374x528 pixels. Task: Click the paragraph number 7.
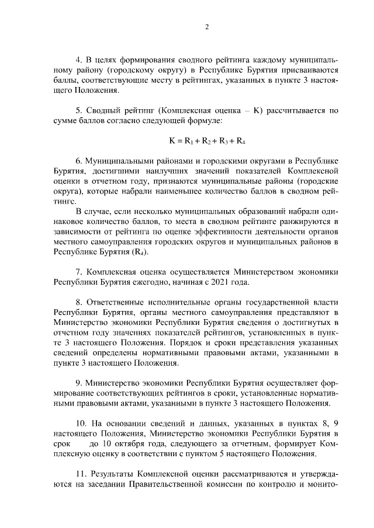point(79,272)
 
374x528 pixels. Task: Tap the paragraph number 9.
point(79,383)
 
